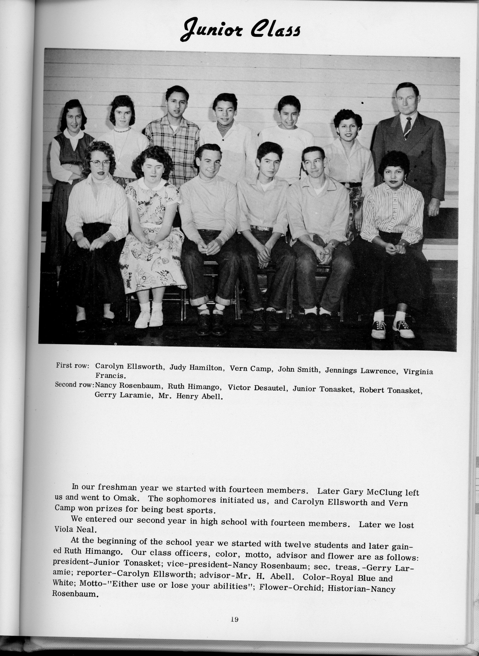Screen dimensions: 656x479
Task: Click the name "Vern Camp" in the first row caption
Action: pyautogui.click(x=250, y=368)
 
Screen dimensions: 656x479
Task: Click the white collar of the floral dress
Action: pyautogui.click(x=151, y=184)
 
